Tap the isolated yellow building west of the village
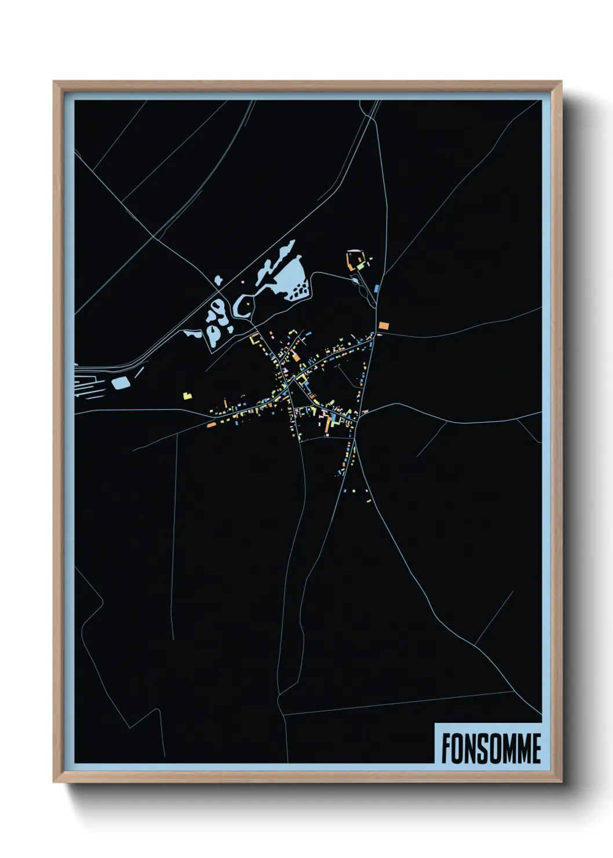point(187,396)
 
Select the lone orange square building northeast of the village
point(383,325)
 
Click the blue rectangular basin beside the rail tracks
point(121,382)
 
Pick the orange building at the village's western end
point(212,424)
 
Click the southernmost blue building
point(345,490)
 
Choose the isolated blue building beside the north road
point(376,288)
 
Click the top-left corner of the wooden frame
point(54,82)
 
